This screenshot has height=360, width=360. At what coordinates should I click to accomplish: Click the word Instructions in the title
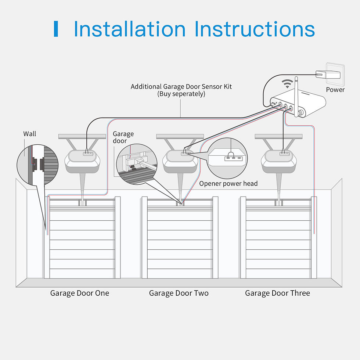pos(255,29)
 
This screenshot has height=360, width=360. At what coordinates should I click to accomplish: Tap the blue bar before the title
pos(56,29)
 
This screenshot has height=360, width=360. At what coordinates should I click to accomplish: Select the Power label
pos(335,90)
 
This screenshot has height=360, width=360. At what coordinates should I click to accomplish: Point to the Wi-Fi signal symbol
pos(287,83)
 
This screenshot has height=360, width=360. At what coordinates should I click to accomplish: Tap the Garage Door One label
pos(80,293)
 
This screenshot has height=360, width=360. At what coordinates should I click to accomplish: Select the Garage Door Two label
pos(179,293)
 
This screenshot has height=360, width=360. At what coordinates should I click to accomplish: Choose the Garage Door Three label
pos(277,293)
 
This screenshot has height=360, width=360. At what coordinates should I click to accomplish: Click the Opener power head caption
pos(228,183)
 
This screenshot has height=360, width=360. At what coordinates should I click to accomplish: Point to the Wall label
pos(30,134)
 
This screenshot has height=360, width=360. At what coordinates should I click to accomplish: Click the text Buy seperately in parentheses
pos(181,94)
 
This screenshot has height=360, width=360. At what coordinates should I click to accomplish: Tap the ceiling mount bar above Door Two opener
pos(180,136)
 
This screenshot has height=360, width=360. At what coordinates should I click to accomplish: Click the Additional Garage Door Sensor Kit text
pos(181,87)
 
